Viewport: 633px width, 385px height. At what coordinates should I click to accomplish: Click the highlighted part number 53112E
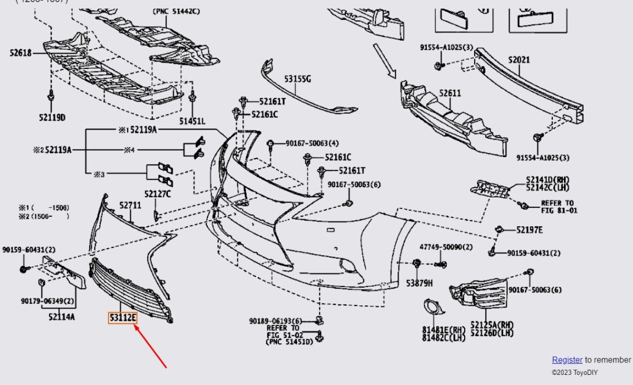123,318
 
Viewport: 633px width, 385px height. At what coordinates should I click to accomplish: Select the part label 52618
20,53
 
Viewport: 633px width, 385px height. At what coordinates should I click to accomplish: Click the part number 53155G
297,79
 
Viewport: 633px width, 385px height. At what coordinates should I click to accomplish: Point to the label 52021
519,60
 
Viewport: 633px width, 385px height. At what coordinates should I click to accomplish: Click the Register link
567,360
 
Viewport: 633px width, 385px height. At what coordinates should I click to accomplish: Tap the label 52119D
52,117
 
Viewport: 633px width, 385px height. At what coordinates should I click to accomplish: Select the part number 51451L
192,121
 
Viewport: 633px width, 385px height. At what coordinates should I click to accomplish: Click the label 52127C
157,194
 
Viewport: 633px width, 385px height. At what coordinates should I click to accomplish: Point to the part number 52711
130,205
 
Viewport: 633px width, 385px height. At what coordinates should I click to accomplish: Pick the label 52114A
61,317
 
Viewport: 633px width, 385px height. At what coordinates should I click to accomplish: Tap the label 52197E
529,230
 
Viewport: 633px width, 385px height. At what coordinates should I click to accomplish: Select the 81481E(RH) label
443,330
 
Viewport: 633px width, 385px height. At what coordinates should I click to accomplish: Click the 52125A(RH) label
492,325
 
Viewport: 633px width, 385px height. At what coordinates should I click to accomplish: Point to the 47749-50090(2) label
446,247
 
